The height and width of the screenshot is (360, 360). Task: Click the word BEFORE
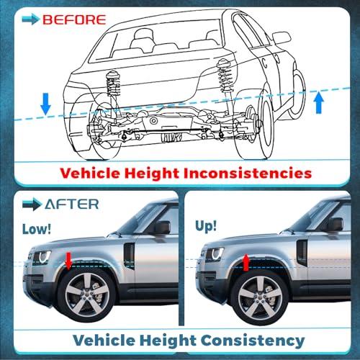click(74, 19)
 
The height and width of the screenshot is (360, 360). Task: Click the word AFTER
click(72, 204)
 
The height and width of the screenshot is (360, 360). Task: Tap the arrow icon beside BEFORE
click(30, 19)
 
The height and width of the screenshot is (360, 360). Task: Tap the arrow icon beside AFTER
click(32, 204)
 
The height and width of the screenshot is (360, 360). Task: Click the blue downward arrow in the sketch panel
click(45, 104)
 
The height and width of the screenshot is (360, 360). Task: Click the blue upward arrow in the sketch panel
click(319, 102)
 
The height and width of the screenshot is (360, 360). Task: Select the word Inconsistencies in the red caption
click(247, 173)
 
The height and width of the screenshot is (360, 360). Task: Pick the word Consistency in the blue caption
click(253, 341)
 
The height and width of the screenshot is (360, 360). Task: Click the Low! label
click(37, 229)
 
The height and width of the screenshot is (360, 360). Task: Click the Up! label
click(206, 226)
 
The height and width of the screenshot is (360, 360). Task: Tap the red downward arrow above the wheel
click(68, 261)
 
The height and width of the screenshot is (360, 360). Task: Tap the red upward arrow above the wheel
click(246, 263)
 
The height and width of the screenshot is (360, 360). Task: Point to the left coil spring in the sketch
click(113, 84)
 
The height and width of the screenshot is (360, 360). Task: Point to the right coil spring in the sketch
click(225, 76)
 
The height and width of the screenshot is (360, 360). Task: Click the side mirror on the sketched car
click(282, 37)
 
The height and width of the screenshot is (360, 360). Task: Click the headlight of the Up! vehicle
click(215, 254)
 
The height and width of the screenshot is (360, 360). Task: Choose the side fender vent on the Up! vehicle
click(302, 253)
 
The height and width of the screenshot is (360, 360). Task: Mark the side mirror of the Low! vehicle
click(162, 228)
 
